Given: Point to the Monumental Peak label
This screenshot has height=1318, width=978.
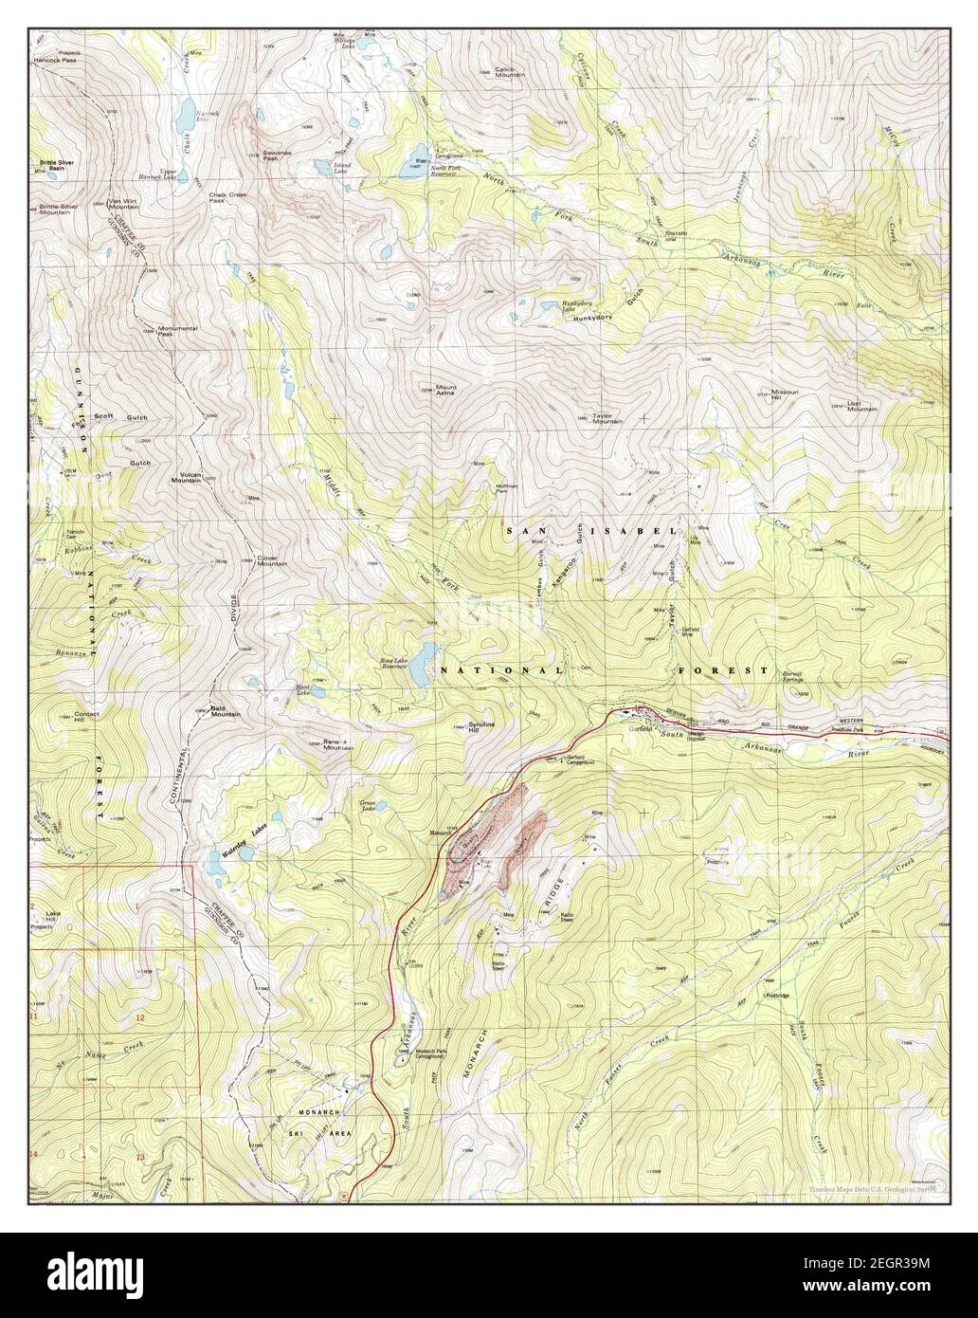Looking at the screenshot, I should pos(177,331).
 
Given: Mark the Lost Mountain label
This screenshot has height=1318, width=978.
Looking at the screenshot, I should pos(861,406).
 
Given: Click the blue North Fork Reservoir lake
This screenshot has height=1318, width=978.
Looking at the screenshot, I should pos(418,154).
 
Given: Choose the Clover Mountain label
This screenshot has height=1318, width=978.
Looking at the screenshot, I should pos(273,560).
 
